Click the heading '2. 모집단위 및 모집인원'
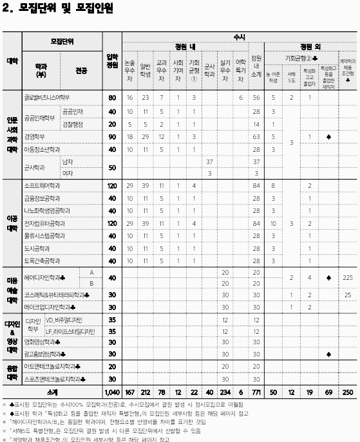pyautogui.click(x=58, y=8)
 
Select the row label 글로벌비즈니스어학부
pyautogui.click(x=46, y=97)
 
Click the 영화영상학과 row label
pyautogui.click(x=41, y=342)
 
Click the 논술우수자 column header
pyautogui.click(x=130, y=69)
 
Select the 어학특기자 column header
pyautogui.click(x=241, y=69)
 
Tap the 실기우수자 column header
pyautogui.click(x=225, y=69)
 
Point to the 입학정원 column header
pyautogui.click(x=112, y=61)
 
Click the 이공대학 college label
pyautogui.click(x=12, y=223)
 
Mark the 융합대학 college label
pyautogui.click(x=12, y=373)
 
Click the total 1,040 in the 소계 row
pyautogui.click(x=112, y=392)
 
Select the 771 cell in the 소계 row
pyautogui.click(x=256, y=392)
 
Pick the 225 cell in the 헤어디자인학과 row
pyautogui.click(x=348, y=278)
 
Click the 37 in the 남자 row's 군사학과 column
pyautogui.click(x=209, y=161)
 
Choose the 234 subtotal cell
pyautogui.click(x=225, y=392)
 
